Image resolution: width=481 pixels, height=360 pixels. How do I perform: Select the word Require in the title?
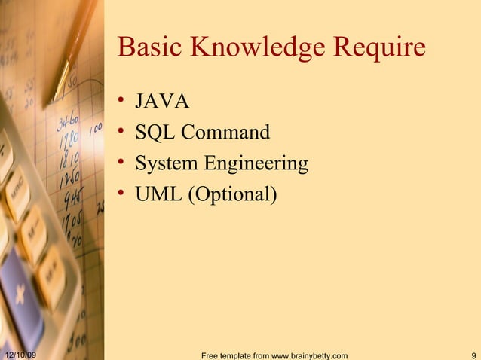click(380, 48)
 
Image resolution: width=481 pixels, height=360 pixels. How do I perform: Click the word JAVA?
click(162, 102)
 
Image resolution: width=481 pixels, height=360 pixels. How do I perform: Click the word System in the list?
click(164, 163)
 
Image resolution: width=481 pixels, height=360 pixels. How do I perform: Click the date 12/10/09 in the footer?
click(22, 355)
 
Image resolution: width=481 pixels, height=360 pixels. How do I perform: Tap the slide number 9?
click(472, 355)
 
